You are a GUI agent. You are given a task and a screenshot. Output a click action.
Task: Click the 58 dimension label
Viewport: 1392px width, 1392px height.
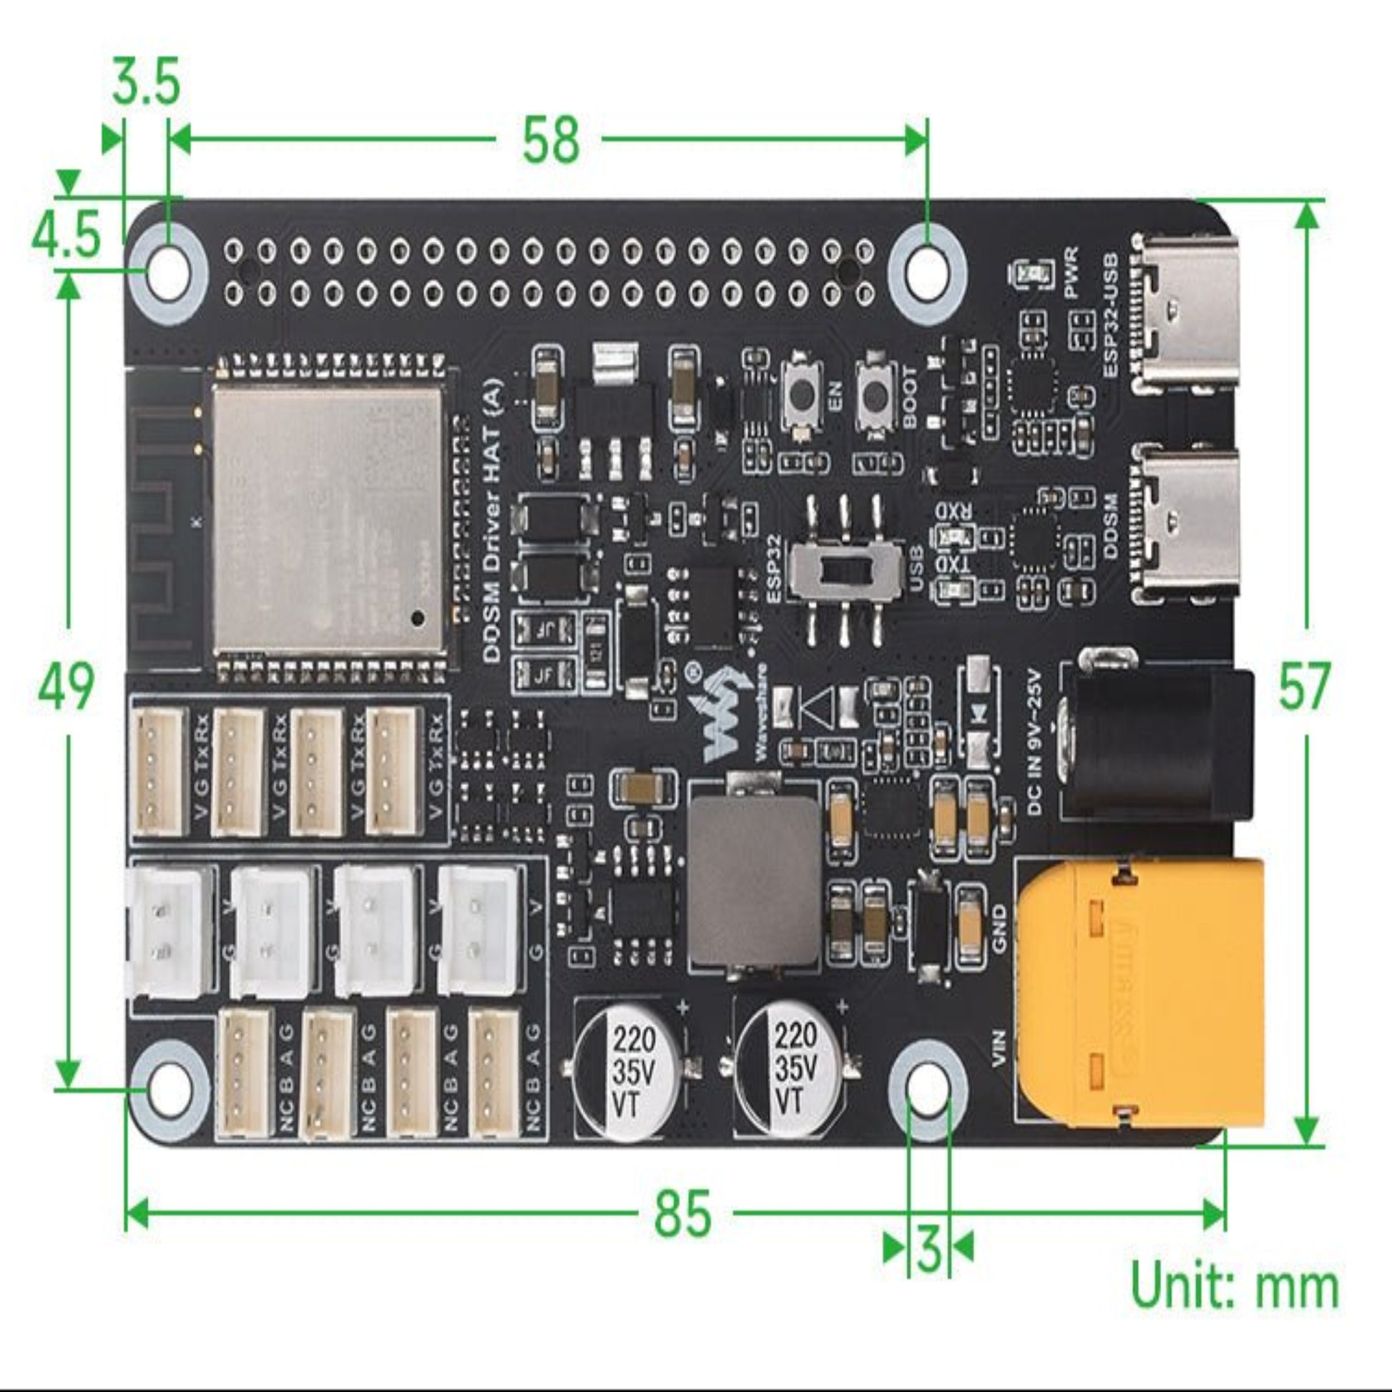pos(551,139)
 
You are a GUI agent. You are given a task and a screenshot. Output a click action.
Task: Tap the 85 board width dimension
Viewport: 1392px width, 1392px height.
pos(682,1212)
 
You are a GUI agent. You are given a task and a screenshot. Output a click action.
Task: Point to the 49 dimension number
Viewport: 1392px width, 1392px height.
pos(66,687)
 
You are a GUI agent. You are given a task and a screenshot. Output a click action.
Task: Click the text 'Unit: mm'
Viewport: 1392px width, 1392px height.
pos(1234,1286)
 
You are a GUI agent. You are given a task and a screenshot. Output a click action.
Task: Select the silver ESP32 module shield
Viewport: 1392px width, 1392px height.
pos(328,517)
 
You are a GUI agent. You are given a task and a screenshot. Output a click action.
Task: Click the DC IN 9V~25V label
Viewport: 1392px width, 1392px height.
pos(1034,742)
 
